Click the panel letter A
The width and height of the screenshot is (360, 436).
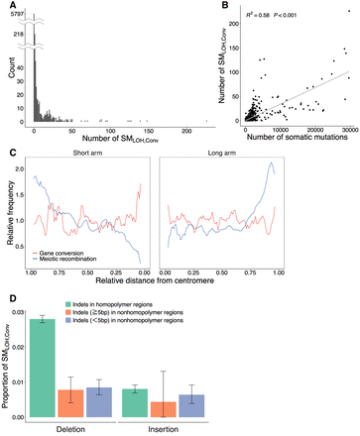point(7,6)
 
